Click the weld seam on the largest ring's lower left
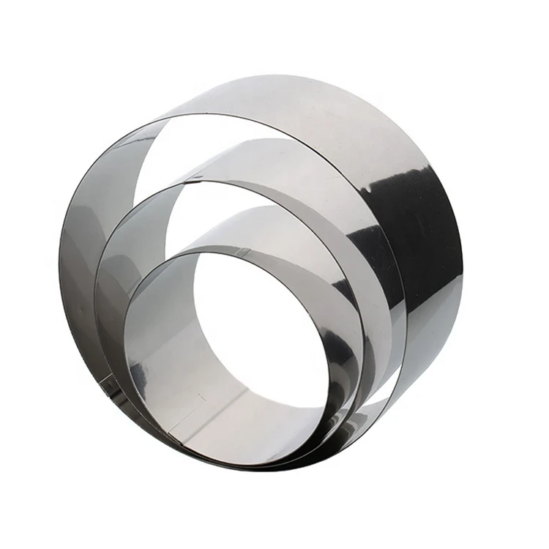tap(108, 381)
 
